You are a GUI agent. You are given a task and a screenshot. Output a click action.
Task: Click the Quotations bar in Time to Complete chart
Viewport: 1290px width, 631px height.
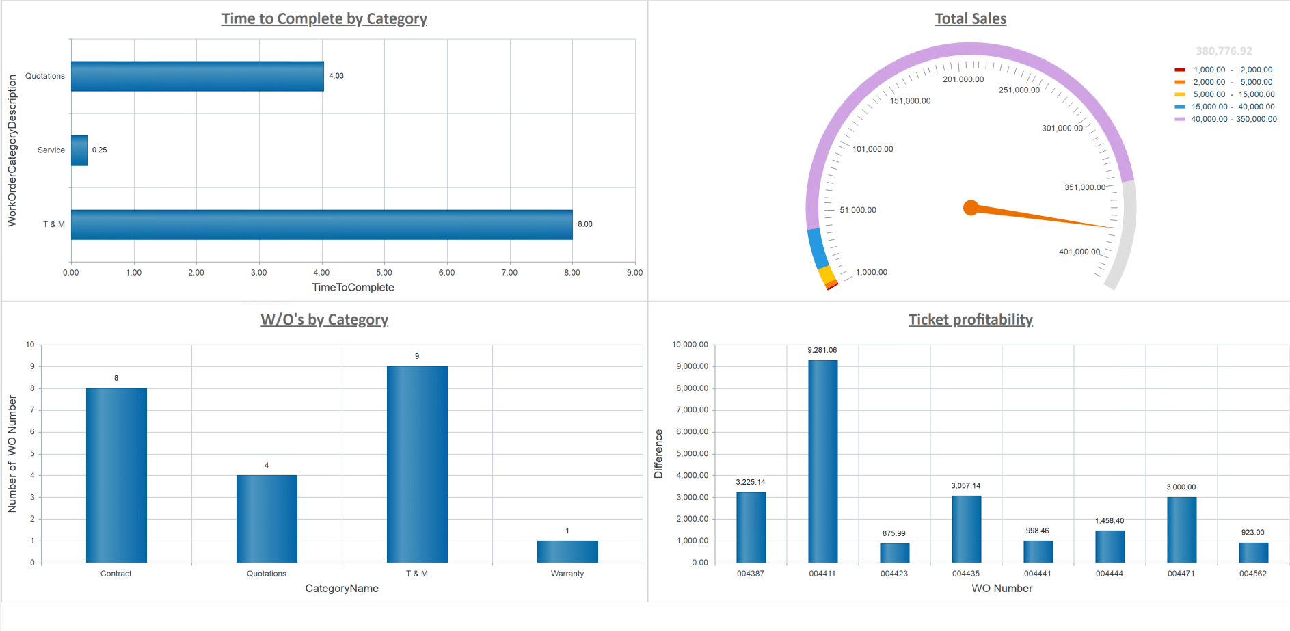(x=197, y=76)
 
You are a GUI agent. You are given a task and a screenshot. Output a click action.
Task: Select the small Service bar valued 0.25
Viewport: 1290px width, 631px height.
(x=79, y=150)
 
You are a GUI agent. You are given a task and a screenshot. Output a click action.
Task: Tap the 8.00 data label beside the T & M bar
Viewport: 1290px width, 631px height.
(x=584, y=224)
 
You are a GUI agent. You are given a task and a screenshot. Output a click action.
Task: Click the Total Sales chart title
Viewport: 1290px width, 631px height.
(x=970, y=19)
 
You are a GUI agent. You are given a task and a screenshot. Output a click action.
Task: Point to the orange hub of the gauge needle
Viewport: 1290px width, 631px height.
(x=971, y=208)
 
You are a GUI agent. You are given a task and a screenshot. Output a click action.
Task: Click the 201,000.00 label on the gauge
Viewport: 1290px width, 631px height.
(x=963, y=79)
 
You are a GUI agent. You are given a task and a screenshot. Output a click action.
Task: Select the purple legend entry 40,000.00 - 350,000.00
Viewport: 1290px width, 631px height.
(x=1233, y=119)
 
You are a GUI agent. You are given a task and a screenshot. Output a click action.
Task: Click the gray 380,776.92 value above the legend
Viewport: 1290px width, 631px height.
(x=1224, y=51)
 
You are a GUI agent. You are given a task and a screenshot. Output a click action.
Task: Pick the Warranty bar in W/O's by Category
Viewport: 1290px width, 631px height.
(x=567, y=552)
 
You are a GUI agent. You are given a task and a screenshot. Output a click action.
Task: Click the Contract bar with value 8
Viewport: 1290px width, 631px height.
(x=116, y=475)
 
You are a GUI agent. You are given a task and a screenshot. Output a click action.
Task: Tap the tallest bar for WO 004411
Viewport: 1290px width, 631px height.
(x=822, y=461)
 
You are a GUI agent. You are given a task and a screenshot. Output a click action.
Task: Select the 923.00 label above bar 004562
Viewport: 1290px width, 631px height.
(x=1252, y=533)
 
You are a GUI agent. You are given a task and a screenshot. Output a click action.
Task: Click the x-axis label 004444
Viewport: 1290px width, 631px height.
(x=1109, y=574)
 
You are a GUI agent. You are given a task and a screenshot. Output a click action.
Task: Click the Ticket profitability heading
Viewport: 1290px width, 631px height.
(x=970, y=320)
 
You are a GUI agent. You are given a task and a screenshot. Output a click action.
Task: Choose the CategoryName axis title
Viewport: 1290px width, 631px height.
(x=342, y=589)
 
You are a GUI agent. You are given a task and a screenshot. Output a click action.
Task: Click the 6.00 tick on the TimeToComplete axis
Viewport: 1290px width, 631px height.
(x=446, y=273)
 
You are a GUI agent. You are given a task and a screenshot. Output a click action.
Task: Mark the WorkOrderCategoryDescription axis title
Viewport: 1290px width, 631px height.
(x=12, y=150)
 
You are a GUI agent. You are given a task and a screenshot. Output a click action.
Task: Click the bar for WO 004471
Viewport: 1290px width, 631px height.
(x=1181, y=530)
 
